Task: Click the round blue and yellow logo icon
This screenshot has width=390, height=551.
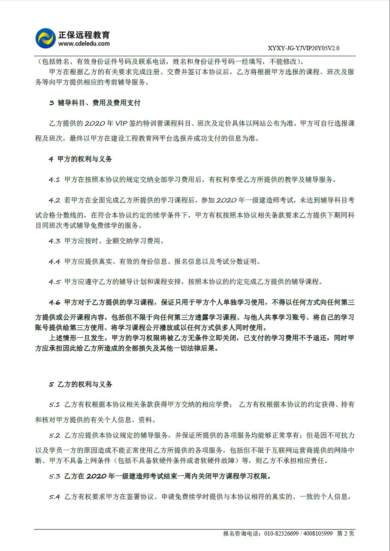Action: pyautogui.click(x=45, y=39)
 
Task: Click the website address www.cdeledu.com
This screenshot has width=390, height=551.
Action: pyautogui.click(x=84, y=44)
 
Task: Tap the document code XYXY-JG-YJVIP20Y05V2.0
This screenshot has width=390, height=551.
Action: pyautogui.click(x=303, y=48)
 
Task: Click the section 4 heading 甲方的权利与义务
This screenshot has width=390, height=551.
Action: pyautogui.click(x=85, y=159)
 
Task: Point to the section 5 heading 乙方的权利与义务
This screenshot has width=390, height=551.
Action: pyautogui.click(x=85, y=384)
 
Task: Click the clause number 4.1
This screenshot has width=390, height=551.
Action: pyautogui.click(x=54, y=180)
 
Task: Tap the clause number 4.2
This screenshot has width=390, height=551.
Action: pyautogui.click(x=54, y=200)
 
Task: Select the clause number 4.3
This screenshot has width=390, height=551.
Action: pyautogui.click(x=54, y=241)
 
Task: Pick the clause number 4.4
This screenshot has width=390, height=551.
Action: pyautogui.click(x=54, y=262)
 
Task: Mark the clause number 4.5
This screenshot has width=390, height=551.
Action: pyautogui.click(x=54, y=282)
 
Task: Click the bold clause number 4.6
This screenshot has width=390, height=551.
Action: pyautogui.click(x=54, y=303)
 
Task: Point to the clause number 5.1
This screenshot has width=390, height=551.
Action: pyautogui.click(x=54, y=405)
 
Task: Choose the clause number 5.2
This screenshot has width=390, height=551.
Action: pyautogui.click(x=54, y=436)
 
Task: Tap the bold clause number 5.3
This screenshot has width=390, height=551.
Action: pyautogui.click(x=54, y=476)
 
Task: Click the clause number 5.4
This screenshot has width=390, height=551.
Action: pyautogui.click(x=54, y=497)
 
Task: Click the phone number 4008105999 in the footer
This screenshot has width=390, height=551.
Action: pyautogui.click(x=318, y=534)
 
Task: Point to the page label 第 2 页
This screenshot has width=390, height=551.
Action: pyautogui.click(x=346, y=534)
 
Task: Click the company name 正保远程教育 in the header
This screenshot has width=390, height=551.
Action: pyautogui.click(x=84, y=35)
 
